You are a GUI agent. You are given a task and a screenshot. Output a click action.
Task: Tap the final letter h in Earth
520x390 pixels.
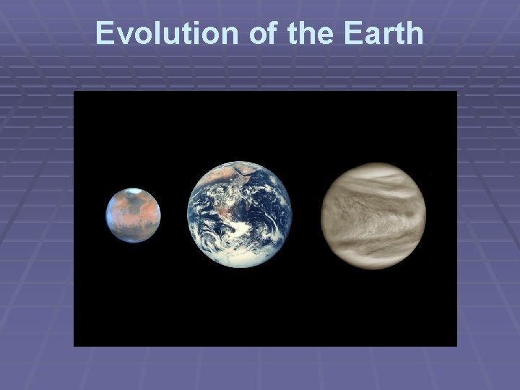[415, 33]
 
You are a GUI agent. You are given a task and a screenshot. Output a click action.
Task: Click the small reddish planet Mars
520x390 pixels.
[133, 215]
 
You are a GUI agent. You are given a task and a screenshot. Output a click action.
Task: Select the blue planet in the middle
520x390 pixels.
[240, 214]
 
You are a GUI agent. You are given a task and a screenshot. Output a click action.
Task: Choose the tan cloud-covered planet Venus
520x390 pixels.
[373, 215]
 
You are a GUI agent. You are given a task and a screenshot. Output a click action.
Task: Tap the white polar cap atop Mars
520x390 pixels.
[132, 191]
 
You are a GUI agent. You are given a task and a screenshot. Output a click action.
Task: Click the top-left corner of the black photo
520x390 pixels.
[75, 92]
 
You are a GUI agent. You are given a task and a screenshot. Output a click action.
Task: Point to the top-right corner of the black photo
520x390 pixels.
[456, 92]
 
